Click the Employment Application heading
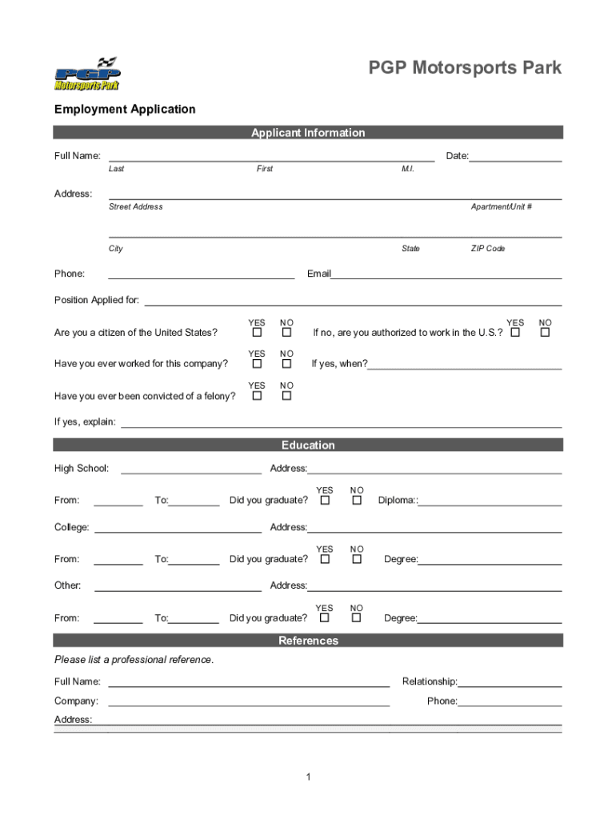124,109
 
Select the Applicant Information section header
308,133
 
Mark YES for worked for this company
257,364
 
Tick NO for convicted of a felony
286,396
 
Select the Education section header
308,445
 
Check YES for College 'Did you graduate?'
325,559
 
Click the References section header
308,641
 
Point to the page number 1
308,777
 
